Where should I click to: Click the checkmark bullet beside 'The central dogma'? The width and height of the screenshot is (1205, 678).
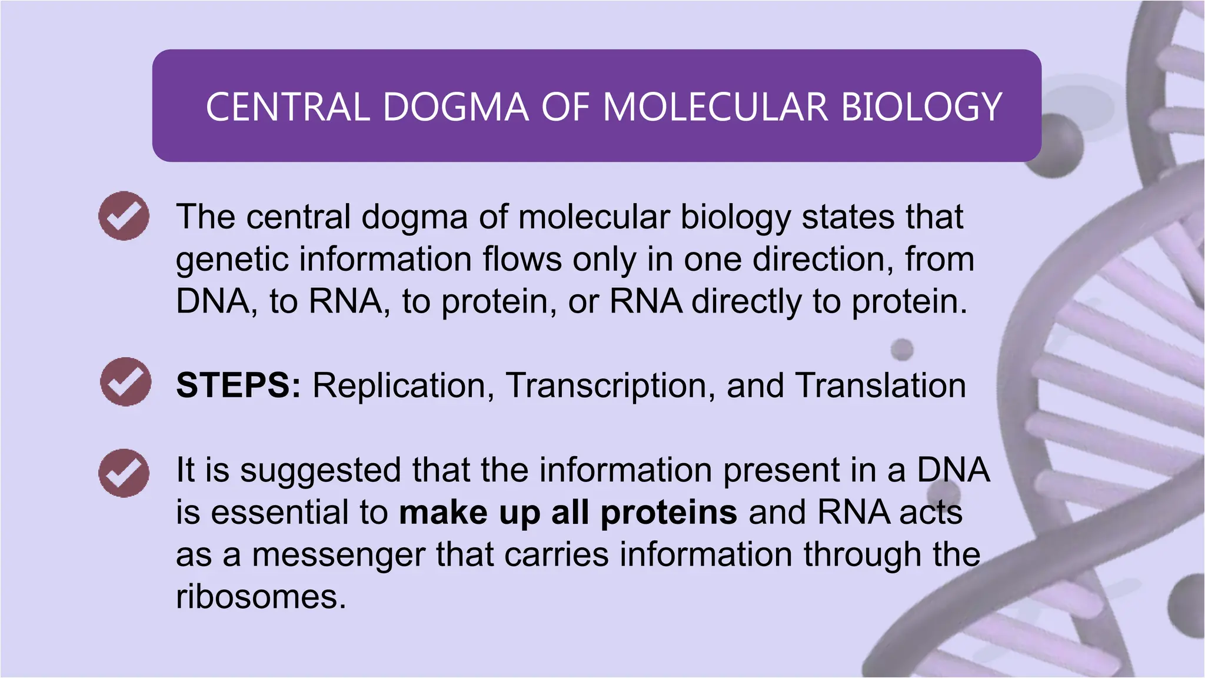(x=124, y=215)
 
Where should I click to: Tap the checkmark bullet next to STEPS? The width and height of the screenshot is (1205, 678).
(x=125, y=381)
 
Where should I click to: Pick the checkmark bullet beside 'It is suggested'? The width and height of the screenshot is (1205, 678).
(x=124, y=473)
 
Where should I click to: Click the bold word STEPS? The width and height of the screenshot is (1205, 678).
(x=238, y=385)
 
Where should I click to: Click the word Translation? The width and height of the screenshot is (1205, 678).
(x=880, y=385)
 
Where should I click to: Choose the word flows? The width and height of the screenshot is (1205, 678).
(x=522, y=259)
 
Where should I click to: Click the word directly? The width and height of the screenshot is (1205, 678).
(x=746, y=301)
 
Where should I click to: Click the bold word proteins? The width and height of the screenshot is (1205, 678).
(x=668, y=513)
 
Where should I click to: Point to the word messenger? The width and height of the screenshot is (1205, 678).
(x=338, y=556)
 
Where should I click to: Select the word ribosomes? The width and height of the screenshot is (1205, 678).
(x=261, y=597)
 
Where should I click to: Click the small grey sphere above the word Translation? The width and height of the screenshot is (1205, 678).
(x=901, y=350)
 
